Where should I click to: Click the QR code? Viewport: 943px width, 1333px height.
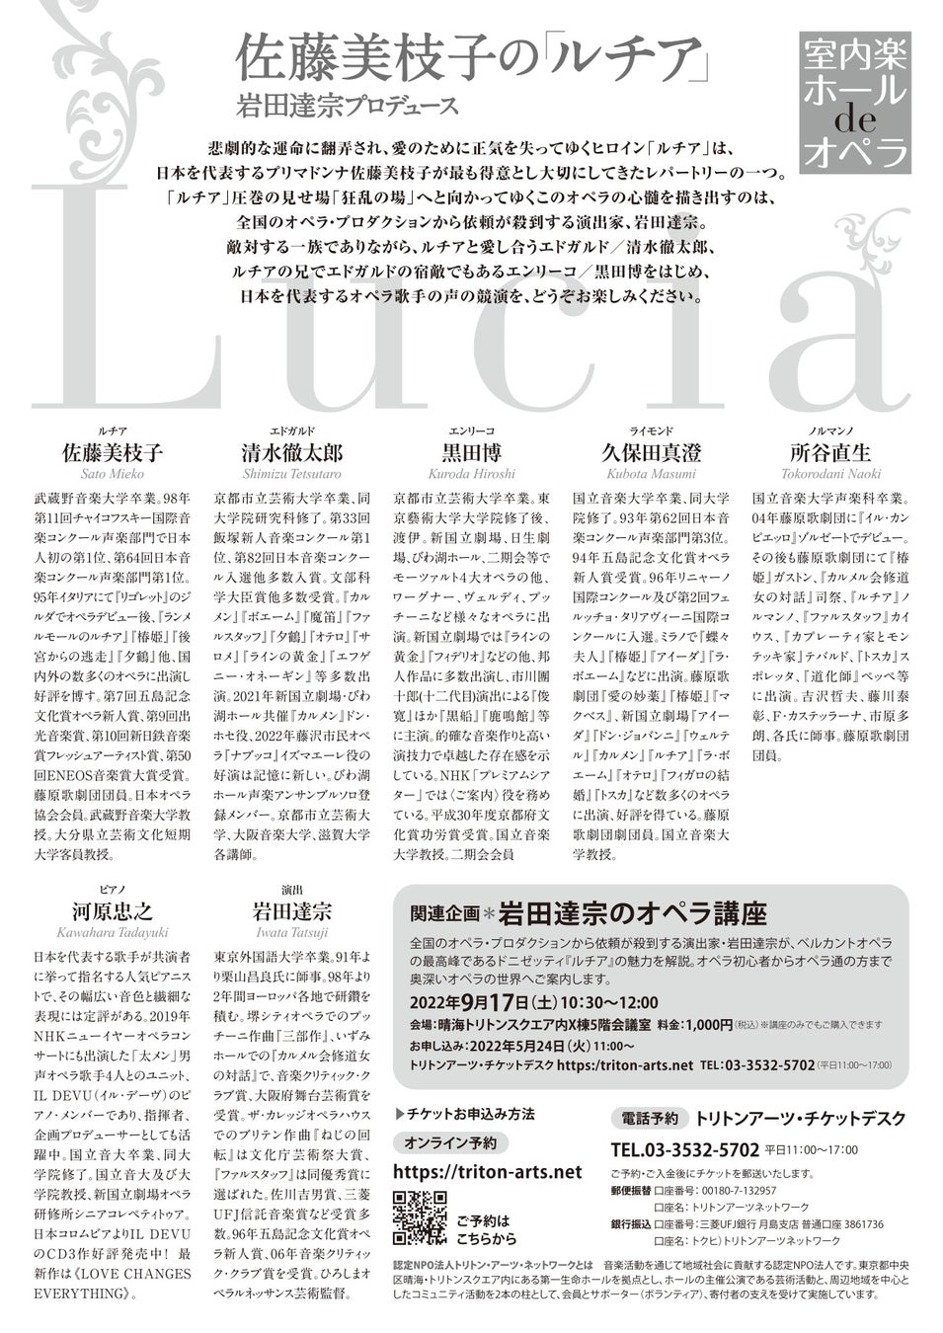click(419, 1217)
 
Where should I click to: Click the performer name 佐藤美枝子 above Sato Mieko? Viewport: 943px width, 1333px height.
click(113, 453)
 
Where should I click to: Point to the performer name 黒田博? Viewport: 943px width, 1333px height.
click(471, 453)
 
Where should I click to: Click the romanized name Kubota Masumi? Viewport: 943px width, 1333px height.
click(651, 474)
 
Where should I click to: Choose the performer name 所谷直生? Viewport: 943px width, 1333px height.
click(830, 453)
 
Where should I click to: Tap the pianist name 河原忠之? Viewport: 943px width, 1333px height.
click(113, 910)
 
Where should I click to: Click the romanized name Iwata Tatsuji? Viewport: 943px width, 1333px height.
click(292, 932)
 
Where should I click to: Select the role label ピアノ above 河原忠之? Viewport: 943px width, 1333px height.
click(113, 889)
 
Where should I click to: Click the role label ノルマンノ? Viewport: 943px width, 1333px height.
click(830, 431)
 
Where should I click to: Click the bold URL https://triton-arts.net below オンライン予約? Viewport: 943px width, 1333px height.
click(487, 1171)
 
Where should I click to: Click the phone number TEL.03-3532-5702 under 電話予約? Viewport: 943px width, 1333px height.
click(684, 1149)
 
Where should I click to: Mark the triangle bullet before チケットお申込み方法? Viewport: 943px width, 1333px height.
click(398, 1114)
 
